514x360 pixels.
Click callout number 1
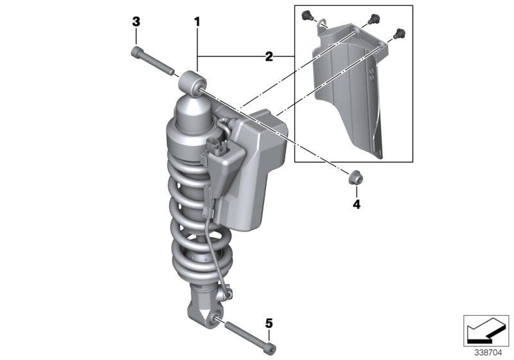(197, 22)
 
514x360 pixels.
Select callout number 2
(269, 57)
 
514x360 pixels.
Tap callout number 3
(136, 22)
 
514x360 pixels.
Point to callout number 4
(355, 205)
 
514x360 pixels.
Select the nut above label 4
(354, 177)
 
